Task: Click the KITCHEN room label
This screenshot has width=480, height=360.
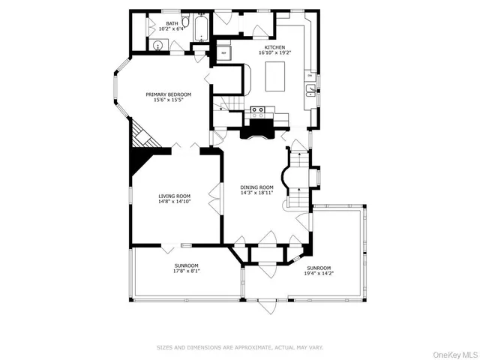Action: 274,46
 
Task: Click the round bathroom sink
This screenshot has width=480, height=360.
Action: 157,45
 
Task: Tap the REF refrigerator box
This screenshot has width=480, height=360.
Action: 223,52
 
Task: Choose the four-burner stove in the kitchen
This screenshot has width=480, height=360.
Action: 257,112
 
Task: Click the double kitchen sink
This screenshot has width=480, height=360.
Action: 310,91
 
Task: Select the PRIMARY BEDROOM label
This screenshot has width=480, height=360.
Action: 168,94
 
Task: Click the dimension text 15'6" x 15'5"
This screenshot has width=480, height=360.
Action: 168,100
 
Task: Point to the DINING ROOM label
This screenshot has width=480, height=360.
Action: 256,187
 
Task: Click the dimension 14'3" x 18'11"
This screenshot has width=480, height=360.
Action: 256,193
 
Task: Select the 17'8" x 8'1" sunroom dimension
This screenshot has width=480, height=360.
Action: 186,271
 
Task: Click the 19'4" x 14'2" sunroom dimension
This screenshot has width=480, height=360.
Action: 318,274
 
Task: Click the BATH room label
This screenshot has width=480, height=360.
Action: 172,24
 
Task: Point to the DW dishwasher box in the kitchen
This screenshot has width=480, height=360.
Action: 310,76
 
